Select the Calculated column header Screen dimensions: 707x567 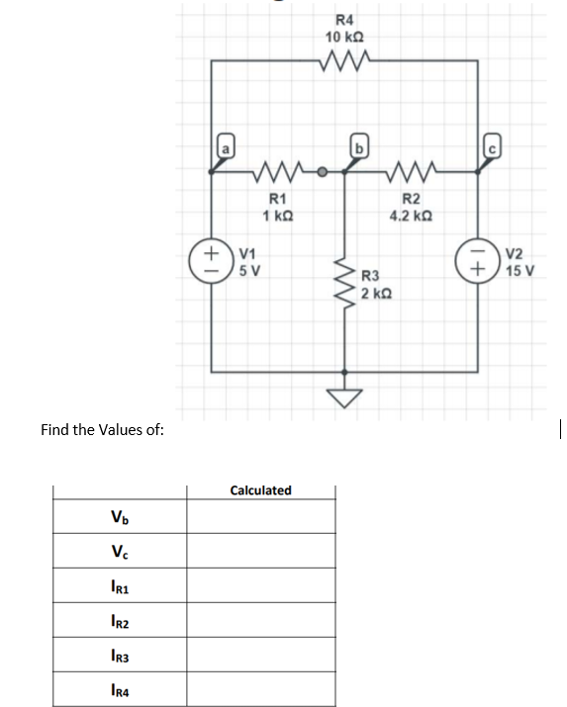pyautogui.click(x=260, y=490)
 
